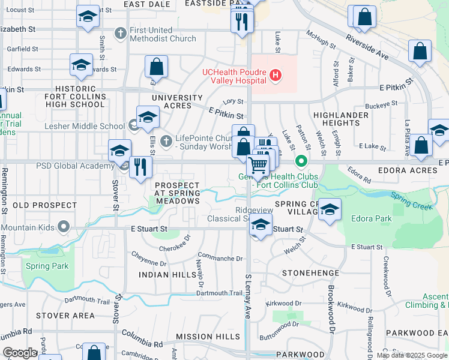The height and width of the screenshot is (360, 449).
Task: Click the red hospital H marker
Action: tap(276, 75)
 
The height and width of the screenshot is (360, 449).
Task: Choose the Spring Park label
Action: tap(47, 266)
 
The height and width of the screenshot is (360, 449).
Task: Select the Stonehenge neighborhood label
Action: tap(307, 272)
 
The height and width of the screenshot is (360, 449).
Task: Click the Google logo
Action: tap(20, 353)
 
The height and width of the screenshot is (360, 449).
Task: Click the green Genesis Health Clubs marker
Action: tap(301, 161)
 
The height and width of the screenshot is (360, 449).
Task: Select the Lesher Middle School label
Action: tap(85, 126)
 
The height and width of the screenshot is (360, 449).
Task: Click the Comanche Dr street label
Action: tap(220, 259)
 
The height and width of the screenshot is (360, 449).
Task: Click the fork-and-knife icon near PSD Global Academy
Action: tap(140, 166)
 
